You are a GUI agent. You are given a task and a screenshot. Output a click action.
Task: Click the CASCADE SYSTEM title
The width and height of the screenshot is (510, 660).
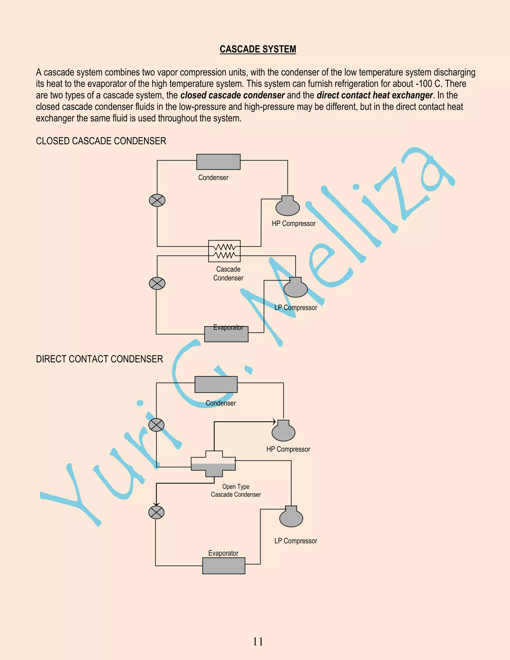coord(258,49)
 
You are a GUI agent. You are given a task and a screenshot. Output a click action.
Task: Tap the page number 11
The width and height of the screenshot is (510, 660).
coord(258,641)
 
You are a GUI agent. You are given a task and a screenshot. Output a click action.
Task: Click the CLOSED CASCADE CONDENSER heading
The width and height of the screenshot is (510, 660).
coord(101,141)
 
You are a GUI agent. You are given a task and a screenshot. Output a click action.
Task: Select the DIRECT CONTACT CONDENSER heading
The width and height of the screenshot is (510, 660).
coord(99,359)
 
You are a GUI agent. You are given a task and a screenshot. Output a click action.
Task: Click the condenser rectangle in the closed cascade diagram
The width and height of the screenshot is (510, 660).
coord(218,162)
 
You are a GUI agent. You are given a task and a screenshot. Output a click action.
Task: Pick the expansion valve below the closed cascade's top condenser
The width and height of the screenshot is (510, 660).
coord(157,200)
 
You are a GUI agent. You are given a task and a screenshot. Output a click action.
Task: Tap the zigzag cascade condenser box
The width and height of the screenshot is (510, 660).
coord(224,251)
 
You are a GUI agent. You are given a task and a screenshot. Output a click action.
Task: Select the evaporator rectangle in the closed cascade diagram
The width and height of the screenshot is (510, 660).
coord(226,334)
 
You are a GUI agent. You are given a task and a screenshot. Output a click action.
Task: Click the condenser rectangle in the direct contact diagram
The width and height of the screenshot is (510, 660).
coord(216,384)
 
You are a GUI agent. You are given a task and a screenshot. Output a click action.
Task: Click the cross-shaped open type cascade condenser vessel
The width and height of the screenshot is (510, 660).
coord(214,464)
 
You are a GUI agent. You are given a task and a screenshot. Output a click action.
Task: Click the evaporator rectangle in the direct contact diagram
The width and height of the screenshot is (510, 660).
coord(224,566)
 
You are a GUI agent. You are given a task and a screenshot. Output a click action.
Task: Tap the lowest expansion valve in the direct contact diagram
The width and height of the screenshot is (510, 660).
coord(156,513)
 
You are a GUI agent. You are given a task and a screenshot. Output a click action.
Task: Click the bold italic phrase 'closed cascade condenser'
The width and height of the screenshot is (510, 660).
coord(232,95)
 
